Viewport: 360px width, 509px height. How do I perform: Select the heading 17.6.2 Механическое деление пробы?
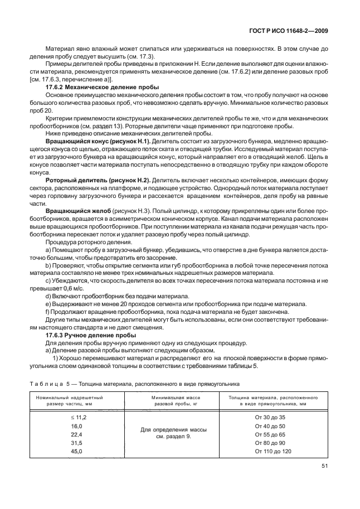(x=102, y=88)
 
